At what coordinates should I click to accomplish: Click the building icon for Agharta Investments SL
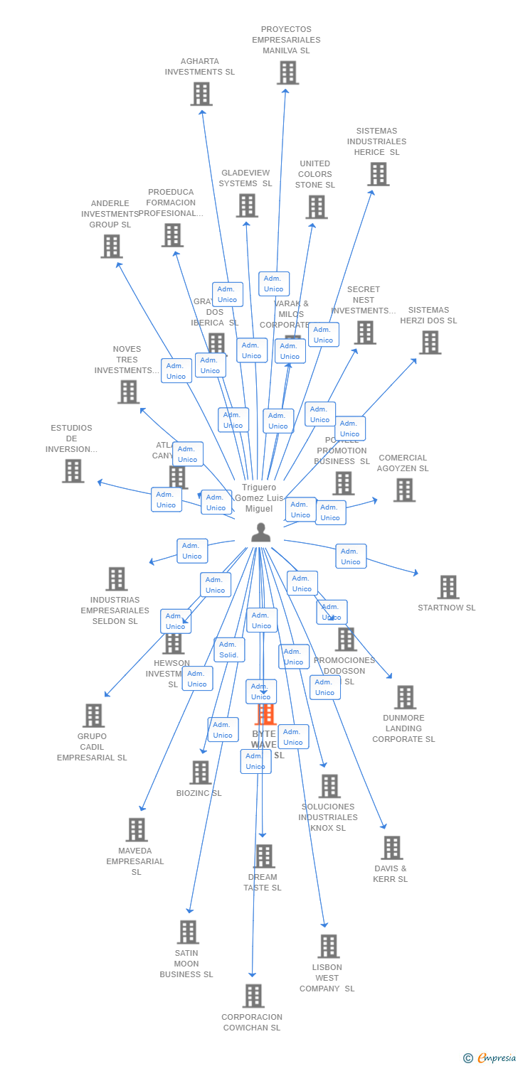[201, 94]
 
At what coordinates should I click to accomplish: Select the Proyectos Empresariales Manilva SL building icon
[287, 72]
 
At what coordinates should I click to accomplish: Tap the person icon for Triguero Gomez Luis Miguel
[260, 532]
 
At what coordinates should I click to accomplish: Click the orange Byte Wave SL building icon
[265, 714]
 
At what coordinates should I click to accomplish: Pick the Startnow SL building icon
[448, 587]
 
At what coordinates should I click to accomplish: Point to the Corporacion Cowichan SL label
[252, 1022]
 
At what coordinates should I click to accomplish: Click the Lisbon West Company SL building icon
[328, 946]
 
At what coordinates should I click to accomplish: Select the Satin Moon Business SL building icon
[188, 932]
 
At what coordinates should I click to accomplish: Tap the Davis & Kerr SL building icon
[391, 847]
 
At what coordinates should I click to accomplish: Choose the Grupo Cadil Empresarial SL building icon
[93, 715]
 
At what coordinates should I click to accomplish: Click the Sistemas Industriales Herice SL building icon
[378, 173]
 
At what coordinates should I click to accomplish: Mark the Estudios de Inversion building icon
[73, 470]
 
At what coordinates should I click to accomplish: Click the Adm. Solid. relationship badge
[229, 650]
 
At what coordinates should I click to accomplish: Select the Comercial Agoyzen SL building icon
[404, 490]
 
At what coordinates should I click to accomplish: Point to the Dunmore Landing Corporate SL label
[403, 728]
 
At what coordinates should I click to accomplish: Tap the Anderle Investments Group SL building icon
[111, 246]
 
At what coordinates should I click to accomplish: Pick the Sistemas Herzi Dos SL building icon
[430, 342]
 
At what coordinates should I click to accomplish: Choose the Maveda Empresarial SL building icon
[136, 829]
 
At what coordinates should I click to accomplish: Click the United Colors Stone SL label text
[314, 174]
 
